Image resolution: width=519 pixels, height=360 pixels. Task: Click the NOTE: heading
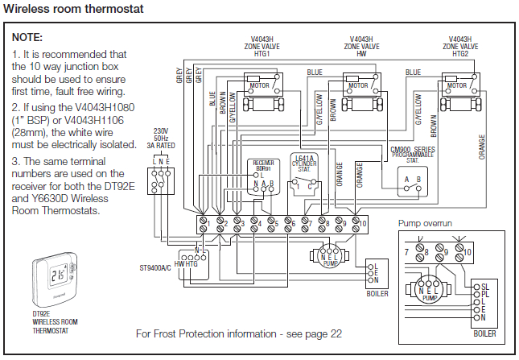[x=28, y=38]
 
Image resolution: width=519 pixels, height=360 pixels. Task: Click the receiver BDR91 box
[x=263, y=178]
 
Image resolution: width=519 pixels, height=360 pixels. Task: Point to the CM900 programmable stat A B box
[x=412, y=181]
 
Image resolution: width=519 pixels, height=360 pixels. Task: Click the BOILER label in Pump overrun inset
[x=485, y=333]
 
